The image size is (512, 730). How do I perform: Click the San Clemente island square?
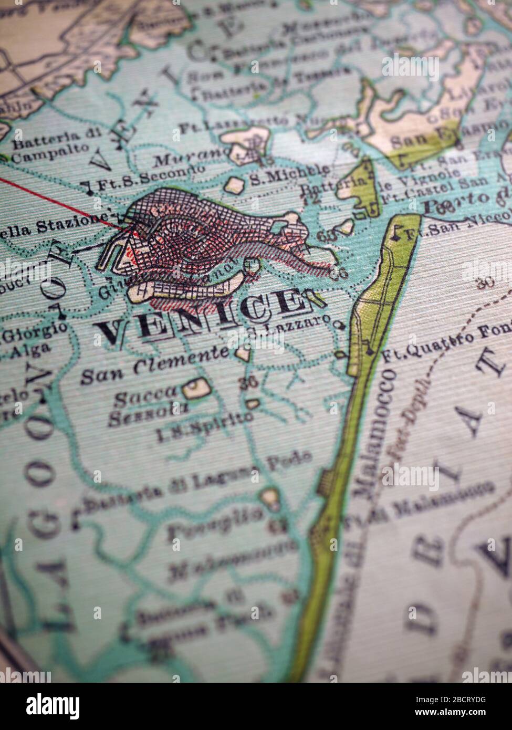pos(243,353)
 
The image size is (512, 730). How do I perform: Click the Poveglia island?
pos(271,497)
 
